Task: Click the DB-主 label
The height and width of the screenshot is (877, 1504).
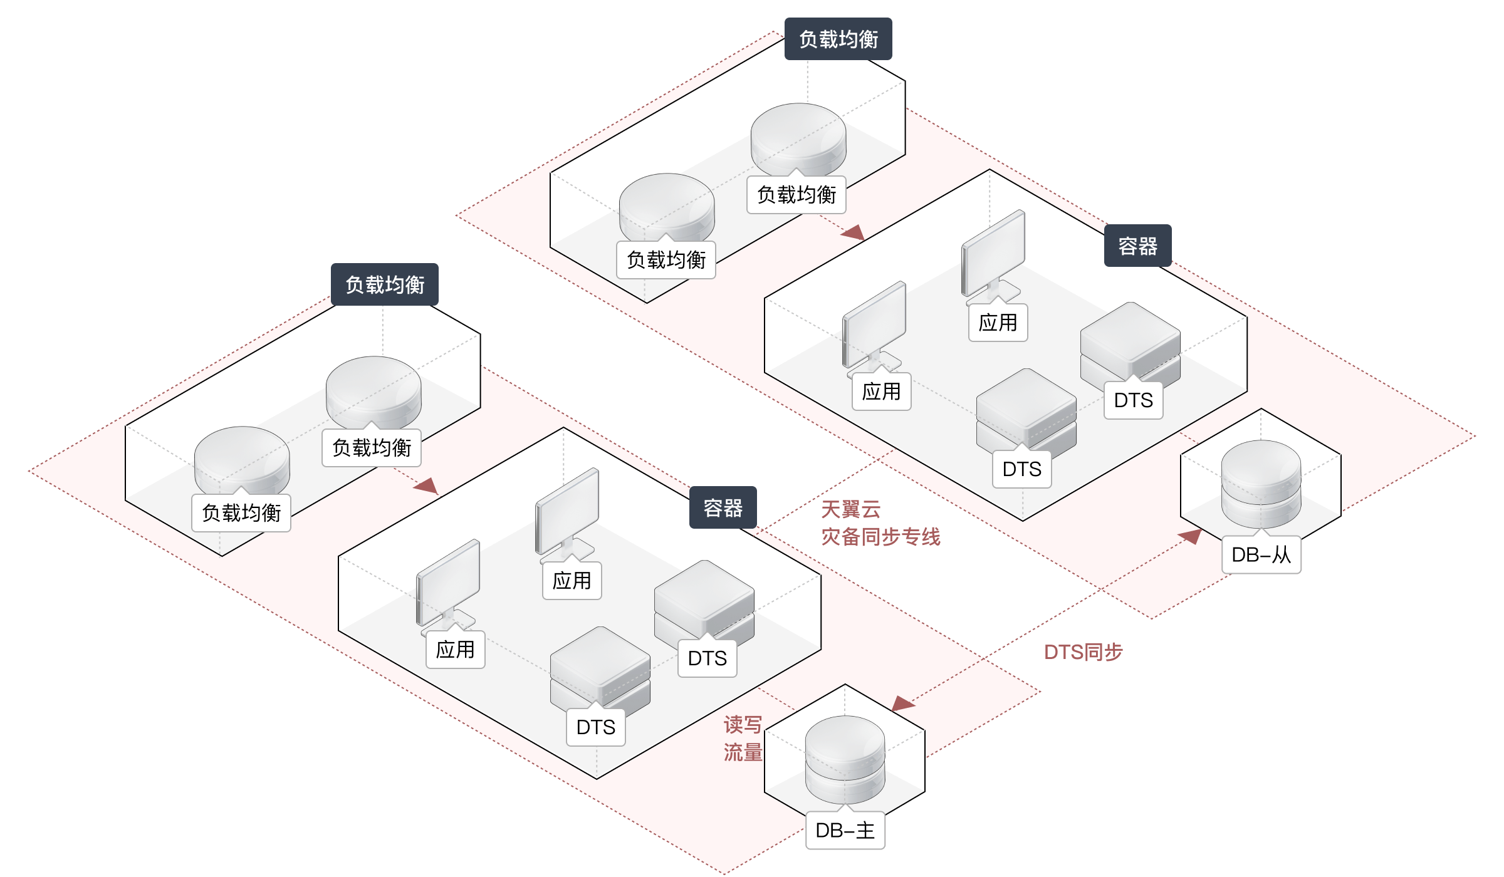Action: click(845, 831)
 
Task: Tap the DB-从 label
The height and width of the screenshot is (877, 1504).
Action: click(1261, 554)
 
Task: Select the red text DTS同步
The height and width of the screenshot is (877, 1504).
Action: click(1084, 652)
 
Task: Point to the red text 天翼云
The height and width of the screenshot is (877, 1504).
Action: click(851, 509)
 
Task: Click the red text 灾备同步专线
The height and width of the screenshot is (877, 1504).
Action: click(880, 537)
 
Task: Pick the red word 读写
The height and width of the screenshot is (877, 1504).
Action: click(743, 725)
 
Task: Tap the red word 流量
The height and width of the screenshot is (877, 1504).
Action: click(743, 752)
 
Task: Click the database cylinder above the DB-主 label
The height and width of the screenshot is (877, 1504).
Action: click(845, 759)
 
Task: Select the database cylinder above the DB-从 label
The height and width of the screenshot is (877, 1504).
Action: click(1261, 484)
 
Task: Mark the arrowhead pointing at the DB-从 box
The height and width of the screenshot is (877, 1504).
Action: click(1191, 536)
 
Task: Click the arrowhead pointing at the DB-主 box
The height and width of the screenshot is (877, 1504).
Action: click(902, 703)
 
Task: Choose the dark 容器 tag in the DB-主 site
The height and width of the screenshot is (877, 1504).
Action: click(723, 507)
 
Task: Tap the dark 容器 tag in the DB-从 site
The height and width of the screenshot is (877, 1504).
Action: click(1137, 246)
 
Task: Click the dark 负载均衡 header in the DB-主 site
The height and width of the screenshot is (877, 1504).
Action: click(385, 284)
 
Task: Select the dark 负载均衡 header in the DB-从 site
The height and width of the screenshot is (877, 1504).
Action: click(838, 39)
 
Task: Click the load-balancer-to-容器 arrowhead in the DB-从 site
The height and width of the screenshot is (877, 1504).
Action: click(854, 233)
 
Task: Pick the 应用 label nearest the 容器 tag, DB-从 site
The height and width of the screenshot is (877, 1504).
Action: click(998, 323)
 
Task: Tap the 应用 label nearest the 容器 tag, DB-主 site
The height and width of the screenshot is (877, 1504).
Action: click(572, 581)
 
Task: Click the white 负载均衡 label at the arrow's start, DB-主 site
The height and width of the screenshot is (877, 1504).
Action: click(372, 448)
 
